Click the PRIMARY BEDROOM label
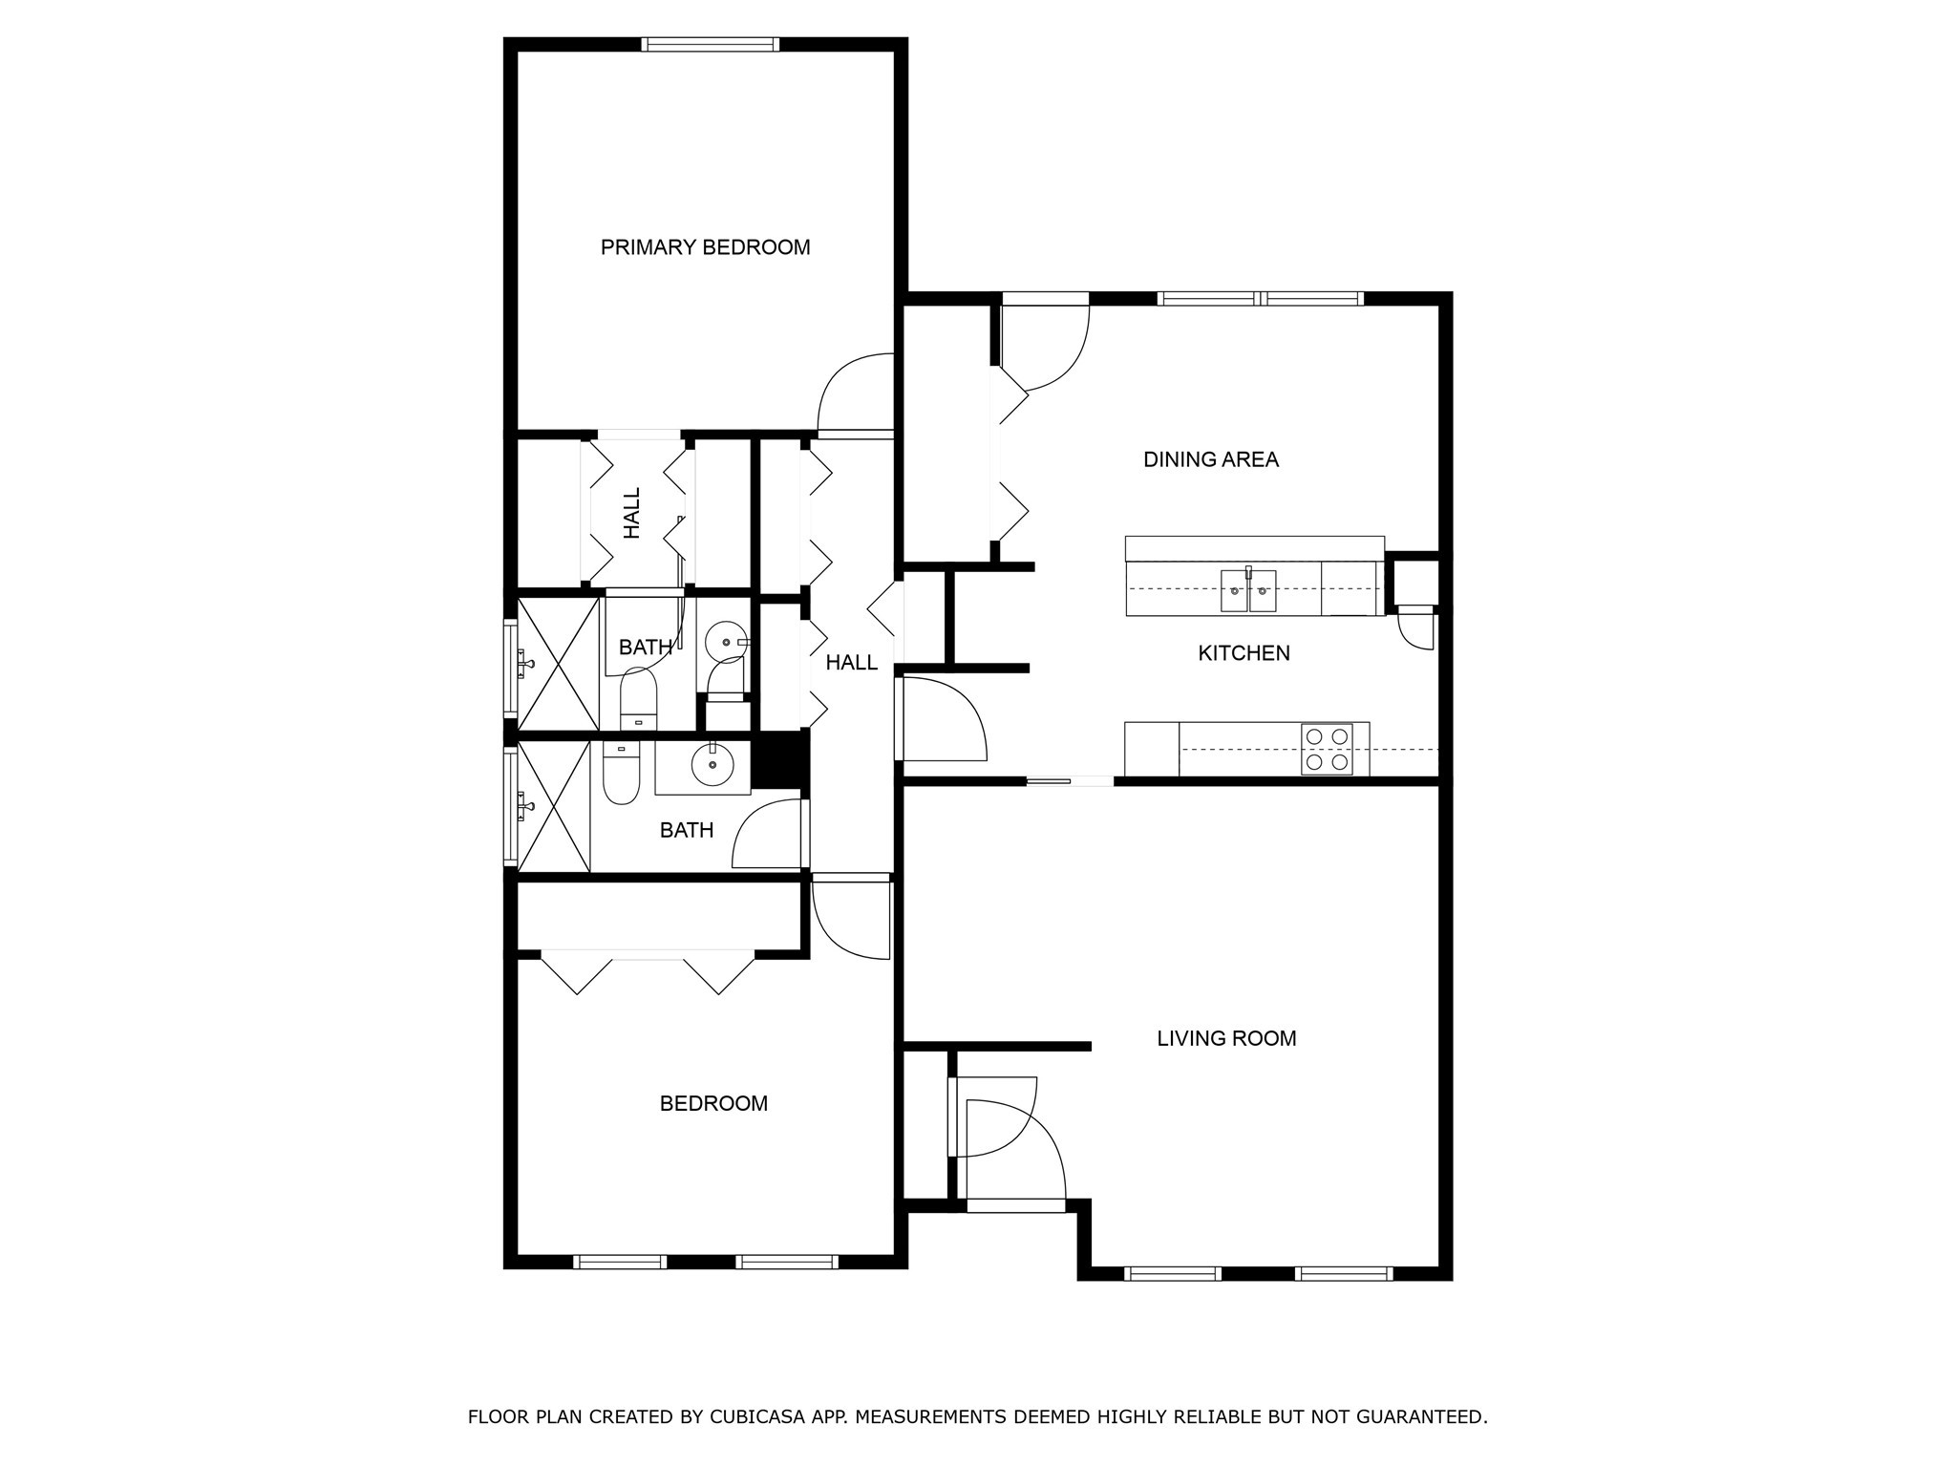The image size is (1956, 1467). click(705, 247)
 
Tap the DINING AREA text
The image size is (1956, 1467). click(1210, 459)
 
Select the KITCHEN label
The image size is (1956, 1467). click(1244, 653)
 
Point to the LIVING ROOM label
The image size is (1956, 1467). click(1226, 1038)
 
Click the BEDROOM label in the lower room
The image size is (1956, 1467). click(713, 1103)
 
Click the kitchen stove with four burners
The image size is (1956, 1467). click(1327, 750)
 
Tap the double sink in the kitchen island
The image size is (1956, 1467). click(1248, 592)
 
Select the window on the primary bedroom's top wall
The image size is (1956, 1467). click(710, 44)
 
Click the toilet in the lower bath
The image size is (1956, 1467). click(621, 773)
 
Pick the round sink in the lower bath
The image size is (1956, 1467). click(712, 764)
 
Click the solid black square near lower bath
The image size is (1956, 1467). click(780, 759)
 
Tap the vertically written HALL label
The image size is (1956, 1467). click(632, 513)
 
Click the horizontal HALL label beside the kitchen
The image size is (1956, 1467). click(851, 663)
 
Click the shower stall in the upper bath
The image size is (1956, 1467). click(557, 662)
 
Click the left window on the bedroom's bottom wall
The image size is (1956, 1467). click(620, 1262)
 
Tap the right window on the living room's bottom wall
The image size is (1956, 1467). click(1343, 1273)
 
